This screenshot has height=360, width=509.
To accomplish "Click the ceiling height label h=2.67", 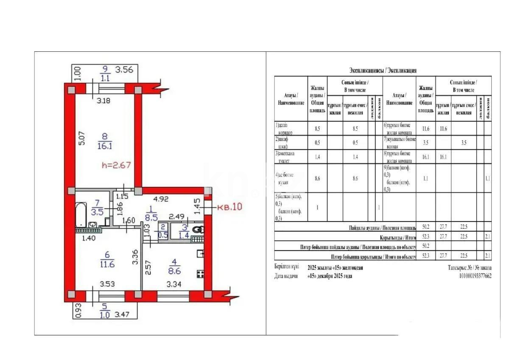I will (116, 165).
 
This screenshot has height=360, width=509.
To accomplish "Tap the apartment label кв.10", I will (229, 208).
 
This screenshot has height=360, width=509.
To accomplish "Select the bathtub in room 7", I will (82, 215).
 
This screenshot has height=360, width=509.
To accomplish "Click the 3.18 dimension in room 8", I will (104, 101).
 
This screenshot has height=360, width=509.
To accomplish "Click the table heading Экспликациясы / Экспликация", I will (383, 70).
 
